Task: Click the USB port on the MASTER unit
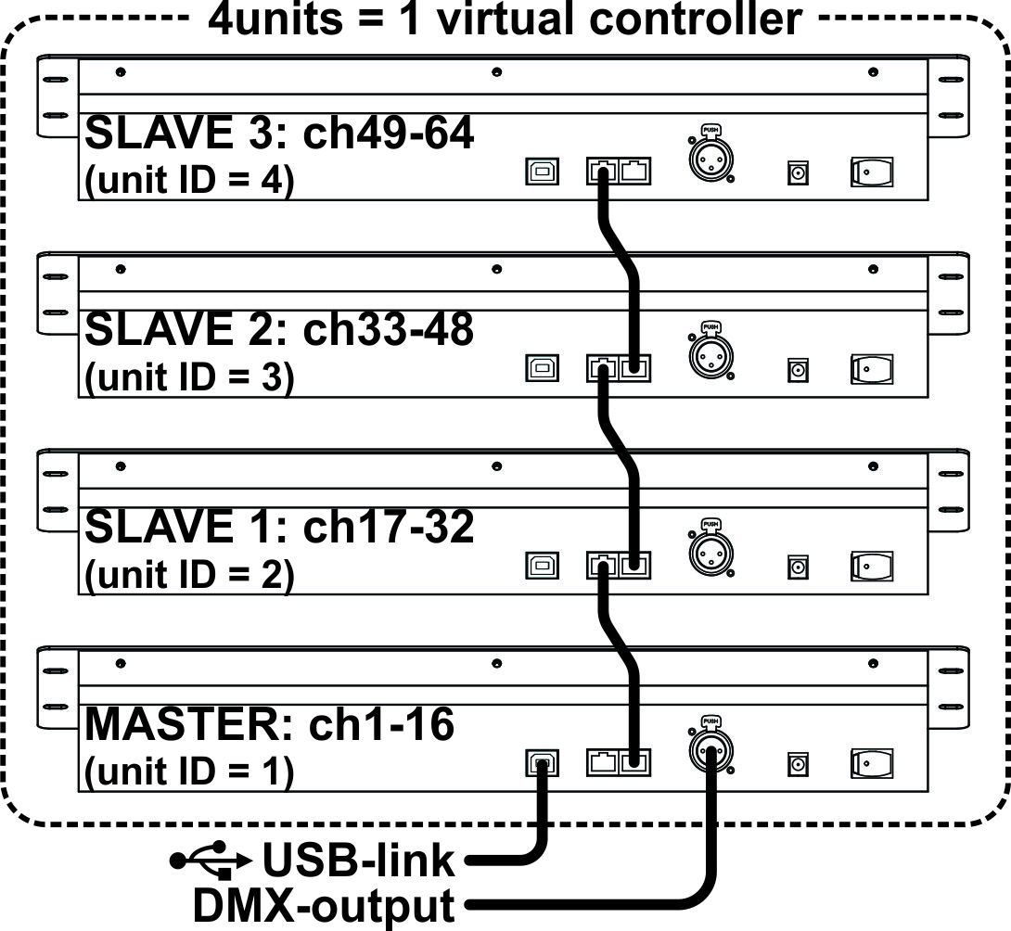click(x=543, y=762)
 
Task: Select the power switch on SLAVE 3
click(x=872, y=172)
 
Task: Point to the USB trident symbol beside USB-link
click(x=211, y=861)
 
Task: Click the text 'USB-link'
click(x=359, y=861)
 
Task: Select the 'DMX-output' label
click(x=325, y=906)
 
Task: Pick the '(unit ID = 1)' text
click(x=188, y=772)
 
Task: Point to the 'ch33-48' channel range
click(x=390, y=329)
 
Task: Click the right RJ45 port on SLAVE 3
click(x=636, y=172)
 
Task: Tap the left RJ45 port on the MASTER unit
click(x=602, y=762)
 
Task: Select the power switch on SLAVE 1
click(x=872, y=565)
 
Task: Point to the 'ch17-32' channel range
click(x=390, y=527)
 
